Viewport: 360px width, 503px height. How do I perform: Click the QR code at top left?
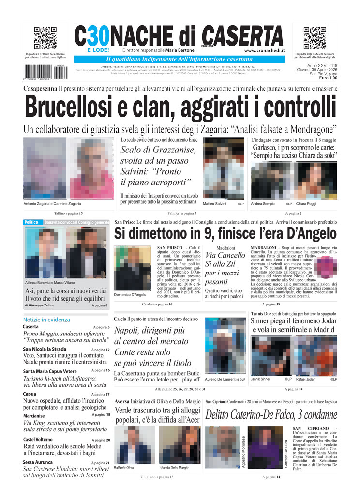[x=45, y=38]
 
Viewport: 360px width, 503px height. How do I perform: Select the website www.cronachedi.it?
[x=264, y=50]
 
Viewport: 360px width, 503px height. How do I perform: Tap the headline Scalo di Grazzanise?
[x=158, y=151]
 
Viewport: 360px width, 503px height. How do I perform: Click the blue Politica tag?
[x=32, y=222]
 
